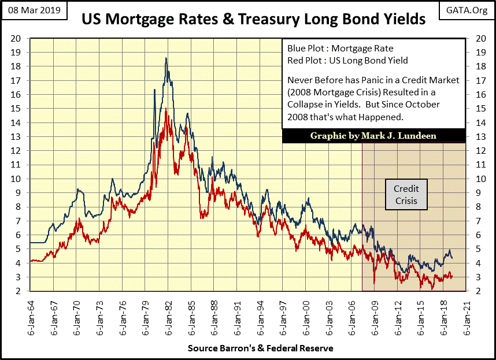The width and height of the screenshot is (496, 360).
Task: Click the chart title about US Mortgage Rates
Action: click(x=253, y=19)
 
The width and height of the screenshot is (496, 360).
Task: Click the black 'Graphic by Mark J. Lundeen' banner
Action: click(x=373, y=136)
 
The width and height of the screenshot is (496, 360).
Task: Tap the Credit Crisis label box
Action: click(x=406, y=195)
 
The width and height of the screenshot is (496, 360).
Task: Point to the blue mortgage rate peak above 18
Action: click(x=166, y=58)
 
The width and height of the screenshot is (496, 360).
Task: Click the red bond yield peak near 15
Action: click(x=166, y=109)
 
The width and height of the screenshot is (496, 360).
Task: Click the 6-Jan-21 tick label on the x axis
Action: click(x=466, y=316)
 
